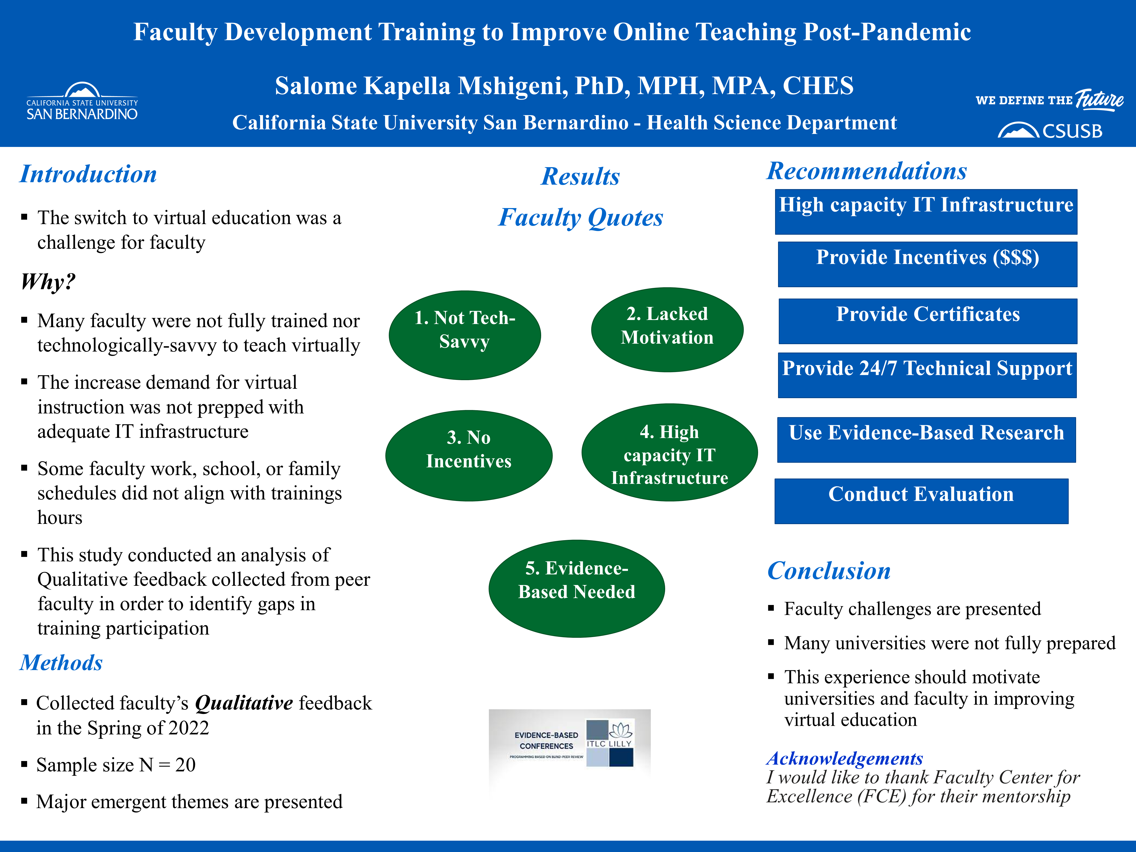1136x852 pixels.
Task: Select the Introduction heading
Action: click(x=88, y=174)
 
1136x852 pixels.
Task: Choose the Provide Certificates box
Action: click(x=927, y=321)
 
